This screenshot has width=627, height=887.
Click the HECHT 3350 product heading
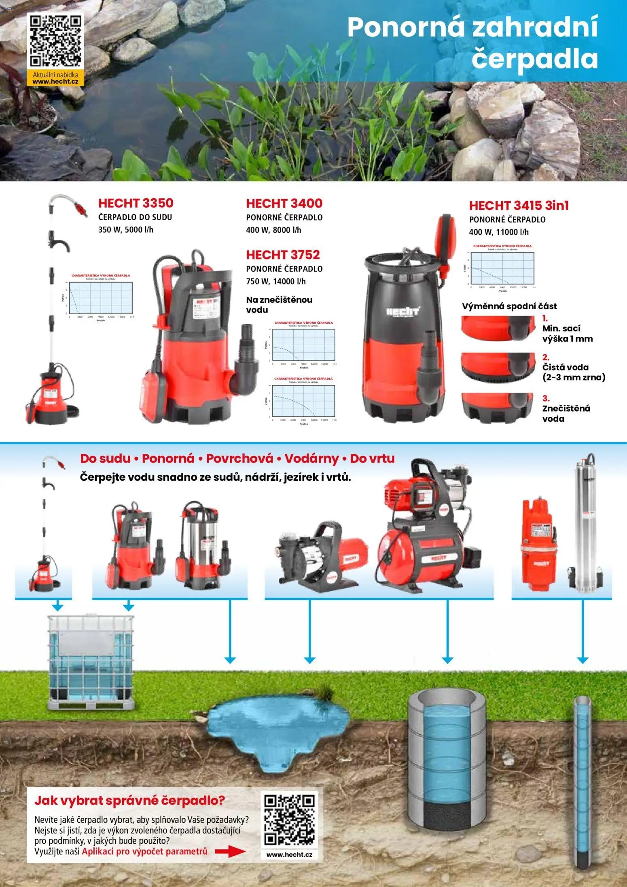pyautogui.click(x=136, y=203)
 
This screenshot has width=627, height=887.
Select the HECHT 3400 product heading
pyautogui.click(x=284, y=204)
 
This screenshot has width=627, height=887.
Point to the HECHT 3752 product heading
pyautogui.click(x=283, y=255)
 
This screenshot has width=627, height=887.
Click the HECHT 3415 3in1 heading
pyautogui.click(x=519, y=206)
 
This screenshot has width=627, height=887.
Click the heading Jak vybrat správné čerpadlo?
pyautogui.click(x=129, y=800)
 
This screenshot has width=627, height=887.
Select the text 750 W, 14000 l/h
pyautogui.click(x=275, y=281)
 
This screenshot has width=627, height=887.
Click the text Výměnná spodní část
pyautogui.click(x=509, y=306)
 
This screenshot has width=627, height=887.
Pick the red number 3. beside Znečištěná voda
pyautogui.click(x=546, y=398)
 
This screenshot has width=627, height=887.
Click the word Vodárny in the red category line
pyautogui.click(x=311, y=458)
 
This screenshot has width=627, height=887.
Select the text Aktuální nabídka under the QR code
pyautogui.click(x=55, y=74)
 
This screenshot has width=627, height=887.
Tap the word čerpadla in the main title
pyautogui.click(x=534, y=59)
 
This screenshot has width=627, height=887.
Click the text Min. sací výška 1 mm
pyautogui.click(x=567, y=334)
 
